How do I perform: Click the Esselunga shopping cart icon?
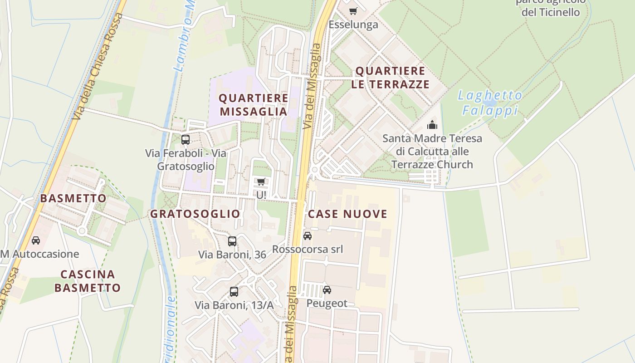(x=353, y=11)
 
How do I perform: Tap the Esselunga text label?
(x=353, y=25)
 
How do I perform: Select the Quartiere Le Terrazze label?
(x=390, y=78)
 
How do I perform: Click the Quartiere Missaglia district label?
(x=254, y=105)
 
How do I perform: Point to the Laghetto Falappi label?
(x=490, y=103)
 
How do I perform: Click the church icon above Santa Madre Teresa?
(x=432, y=125)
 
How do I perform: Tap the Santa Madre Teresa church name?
(x=432, y=151)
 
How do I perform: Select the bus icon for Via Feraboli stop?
(x=185, y=140)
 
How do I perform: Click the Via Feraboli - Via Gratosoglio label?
(x=186, y=160)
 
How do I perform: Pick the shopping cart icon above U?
(x=261, y=182)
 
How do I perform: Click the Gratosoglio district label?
(x=195, y=214)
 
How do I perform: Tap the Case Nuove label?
(x=347, y=214)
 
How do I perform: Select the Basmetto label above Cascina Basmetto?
(x=73, y=198)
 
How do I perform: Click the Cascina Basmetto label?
(x=88, y=281)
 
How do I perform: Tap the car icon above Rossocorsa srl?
(x=307, y=236)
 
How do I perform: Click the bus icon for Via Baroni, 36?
(x=232, y=241)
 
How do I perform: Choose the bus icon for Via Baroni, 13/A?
(x=234, y=292)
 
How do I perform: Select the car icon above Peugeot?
(x=327, y=290)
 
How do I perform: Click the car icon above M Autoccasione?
(x=35, y=240)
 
